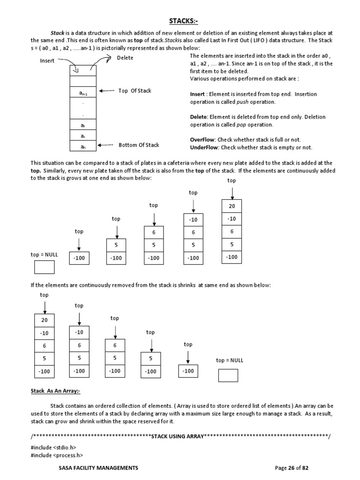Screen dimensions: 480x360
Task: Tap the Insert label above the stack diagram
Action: [47, 61]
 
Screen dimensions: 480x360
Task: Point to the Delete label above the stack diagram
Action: [125, 58]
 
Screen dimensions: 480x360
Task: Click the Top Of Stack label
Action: [135, 90]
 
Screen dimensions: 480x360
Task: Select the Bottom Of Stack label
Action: [139, 145]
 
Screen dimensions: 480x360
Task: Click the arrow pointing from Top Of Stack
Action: [107, 91]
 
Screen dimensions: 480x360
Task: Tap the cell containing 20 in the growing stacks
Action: [232, 206]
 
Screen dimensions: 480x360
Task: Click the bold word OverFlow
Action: [202, 140]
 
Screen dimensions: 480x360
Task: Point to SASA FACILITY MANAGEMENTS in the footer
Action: [98, 468]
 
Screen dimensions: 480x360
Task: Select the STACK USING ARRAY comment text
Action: [177, 436]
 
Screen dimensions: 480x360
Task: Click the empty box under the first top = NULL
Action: [44, 267]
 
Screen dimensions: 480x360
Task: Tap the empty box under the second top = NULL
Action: [228, 375]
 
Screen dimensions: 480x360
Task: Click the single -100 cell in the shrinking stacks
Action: [188, 371]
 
